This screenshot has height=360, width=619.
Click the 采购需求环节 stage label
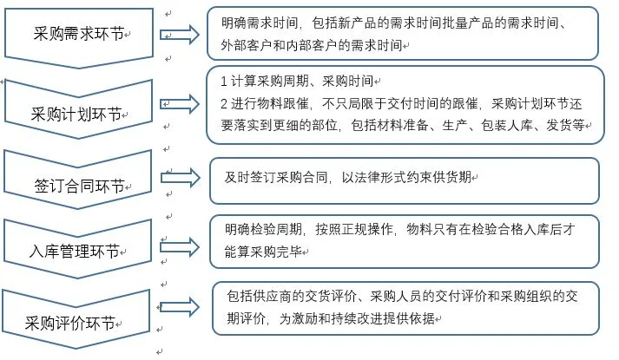(77, 35)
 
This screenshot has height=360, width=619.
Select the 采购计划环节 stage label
(76, 113)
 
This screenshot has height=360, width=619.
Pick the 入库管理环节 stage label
(76, 252)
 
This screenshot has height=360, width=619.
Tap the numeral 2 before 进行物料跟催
(224, 102)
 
